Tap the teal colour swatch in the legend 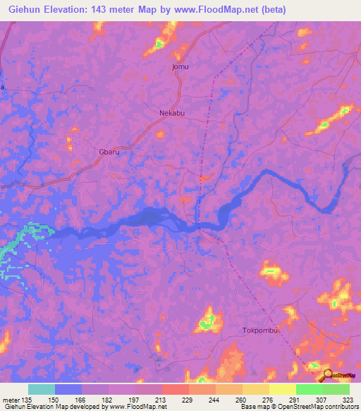[42, 389]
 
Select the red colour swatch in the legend [176, 389]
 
